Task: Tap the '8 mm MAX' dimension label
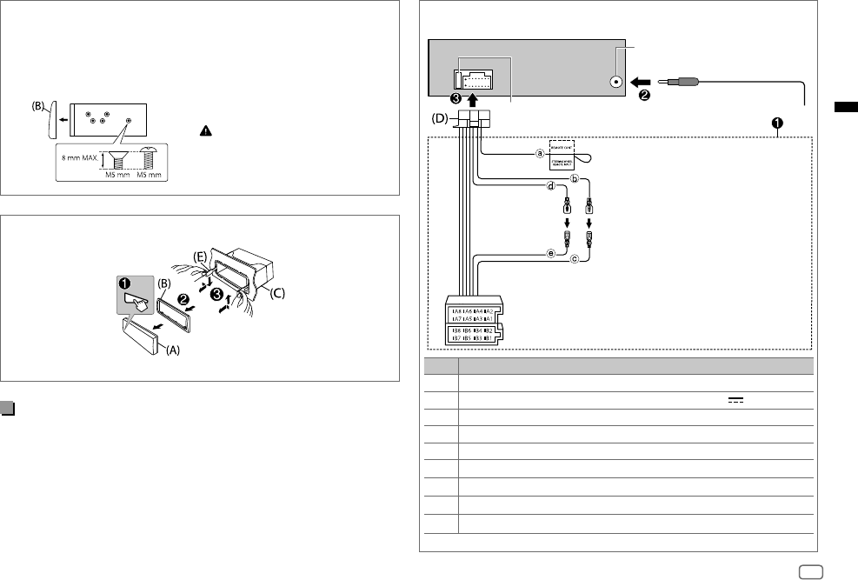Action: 78,159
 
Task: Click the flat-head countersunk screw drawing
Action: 110,159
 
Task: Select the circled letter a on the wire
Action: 540,155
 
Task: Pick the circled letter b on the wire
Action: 574,180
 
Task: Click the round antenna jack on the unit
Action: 616,82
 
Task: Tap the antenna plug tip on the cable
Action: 668,82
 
